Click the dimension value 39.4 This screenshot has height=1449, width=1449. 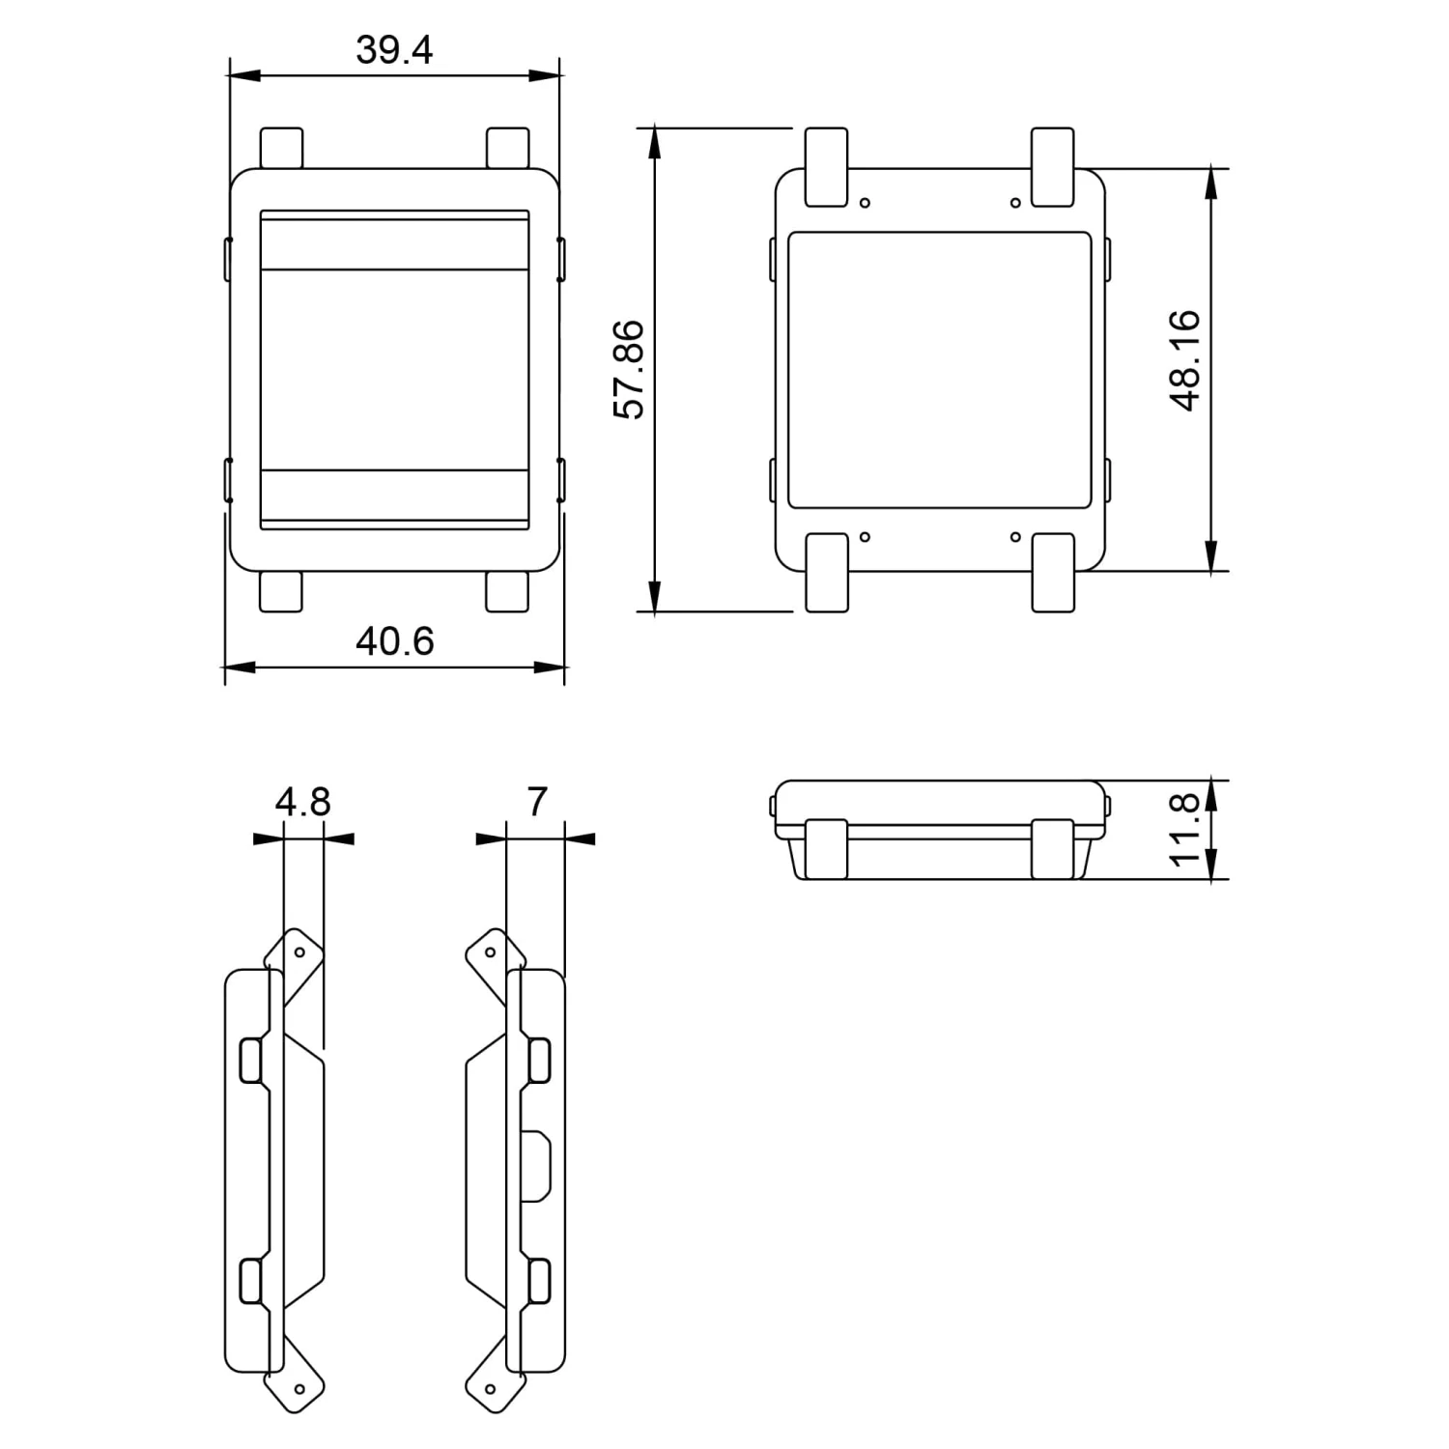pos(394,50)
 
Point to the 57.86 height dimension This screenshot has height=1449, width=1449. pos(630,369)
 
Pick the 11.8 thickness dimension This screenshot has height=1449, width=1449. pos(1184,830)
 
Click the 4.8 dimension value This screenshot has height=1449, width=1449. pos(302,802)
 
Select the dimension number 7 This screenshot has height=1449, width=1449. pos(537,802)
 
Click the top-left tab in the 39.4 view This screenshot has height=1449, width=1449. pos(281,149)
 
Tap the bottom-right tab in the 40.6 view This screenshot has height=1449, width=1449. pos(507,591)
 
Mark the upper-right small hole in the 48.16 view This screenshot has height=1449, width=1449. pos(1015,203)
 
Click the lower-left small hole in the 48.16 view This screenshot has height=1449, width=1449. pos(866,537)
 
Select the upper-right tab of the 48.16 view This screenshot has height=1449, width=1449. pos(1053,166)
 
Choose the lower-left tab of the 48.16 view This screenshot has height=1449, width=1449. pos(827,572)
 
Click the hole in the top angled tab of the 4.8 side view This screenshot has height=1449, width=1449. pos(299,952)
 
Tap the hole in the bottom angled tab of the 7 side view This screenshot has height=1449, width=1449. pos(491,1389)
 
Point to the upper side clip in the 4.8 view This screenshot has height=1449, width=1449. pos(250,1060)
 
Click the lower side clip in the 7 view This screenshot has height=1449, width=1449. pos(539,1280)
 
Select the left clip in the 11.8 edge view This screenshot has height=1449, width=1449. pos(827,849)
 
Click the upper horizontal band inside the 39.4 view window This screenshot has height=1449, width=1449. pos(394,243)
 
